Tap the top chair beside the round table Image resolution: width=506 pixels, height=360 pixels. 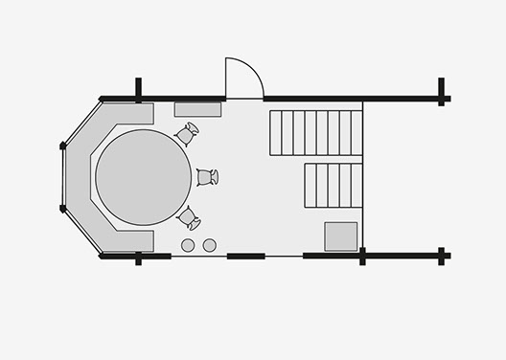point(187,134)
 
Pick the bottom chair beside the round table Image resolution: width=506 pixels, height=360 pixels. point(188,217)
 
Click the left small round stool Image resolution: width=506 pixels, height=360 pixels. point(188,245)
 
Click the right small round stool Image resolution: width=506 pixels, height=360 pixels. point(208,245)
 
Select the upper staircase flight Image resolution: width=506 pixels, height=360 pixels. point(316,132)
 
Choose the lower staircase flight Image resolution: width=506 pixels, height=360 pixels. point(333,185)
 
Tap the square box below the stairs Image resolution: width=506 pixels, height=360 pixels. point(340,236)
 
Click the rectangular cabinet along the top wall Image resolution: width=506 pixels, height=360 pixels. point(198,109)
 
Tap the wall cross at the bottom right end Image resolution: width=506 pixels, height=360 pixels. point(442,256)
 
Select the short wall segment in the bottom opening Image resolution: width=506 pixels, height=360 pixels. point(246,256)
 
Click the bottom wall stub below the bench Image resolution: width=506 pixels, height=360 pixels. point(139,258)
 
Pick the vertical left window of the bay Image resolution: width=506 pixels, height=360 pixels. point(64,177)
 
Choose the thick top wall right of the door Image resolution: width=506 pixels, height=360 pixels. point(312,98)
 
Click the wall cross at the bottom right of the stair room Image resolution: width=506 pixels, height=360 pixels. point(363,256)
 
